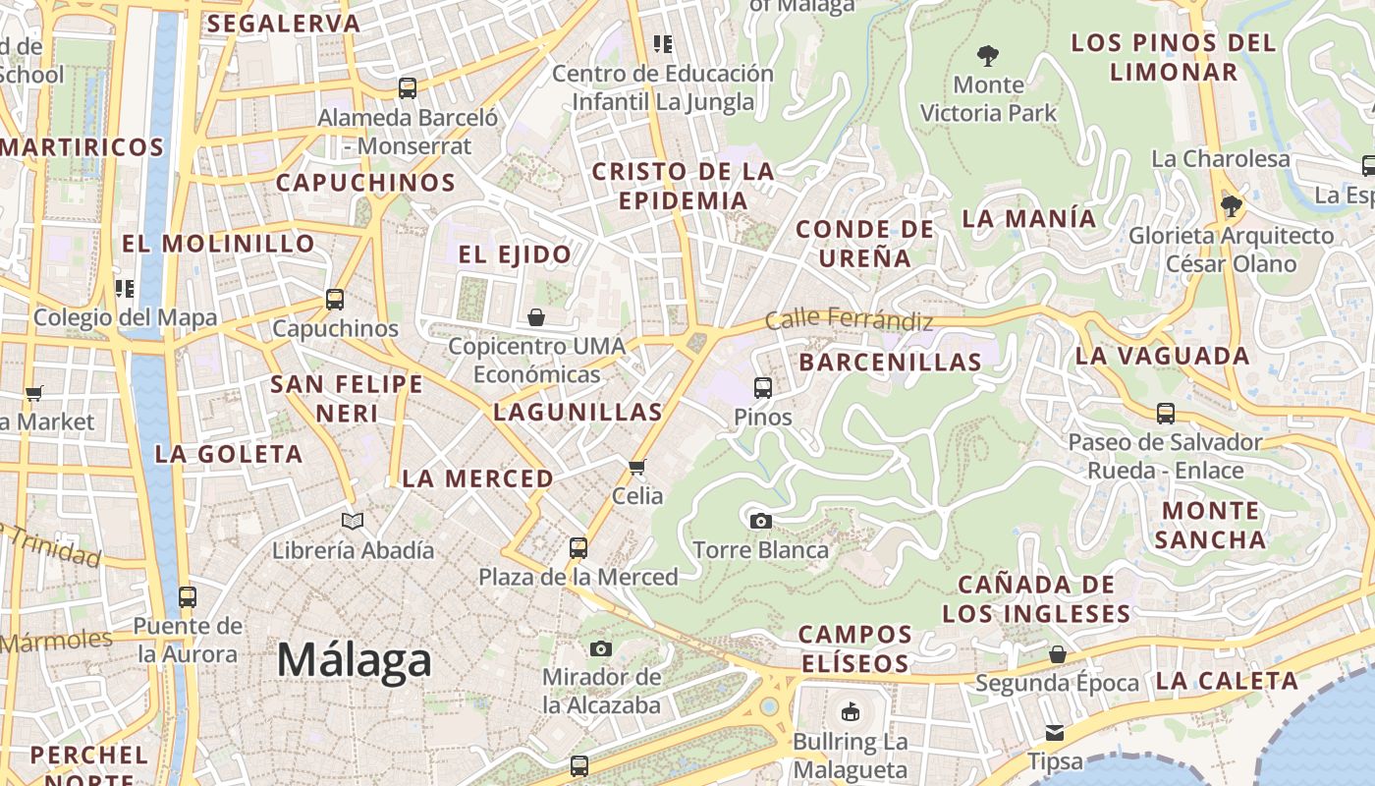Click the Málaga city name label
354,660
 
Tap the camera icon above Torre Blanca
760,521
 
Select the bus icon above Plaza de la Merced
578,548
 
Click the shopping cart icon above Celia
637,467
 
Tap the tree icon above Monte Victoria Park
988,56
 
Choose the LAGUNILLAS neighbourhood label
577,412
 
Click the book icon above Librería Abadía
353,521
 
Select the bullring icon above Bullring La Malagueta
851,710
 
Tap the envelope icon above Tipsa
1055,732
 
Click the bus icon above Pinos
763,388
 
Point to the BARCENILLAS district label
890,362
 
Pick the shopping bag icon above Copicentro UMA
536,317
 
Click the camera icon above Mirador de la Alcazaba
601,648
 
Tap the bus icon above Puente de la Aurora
187,596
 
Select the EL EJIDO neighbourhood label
515,254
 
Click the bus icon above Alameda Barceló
408,88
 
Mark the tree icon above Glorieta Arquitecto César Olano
1231,206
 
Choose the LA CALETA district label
1226,681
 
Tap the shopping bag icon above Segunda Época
1058,653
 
